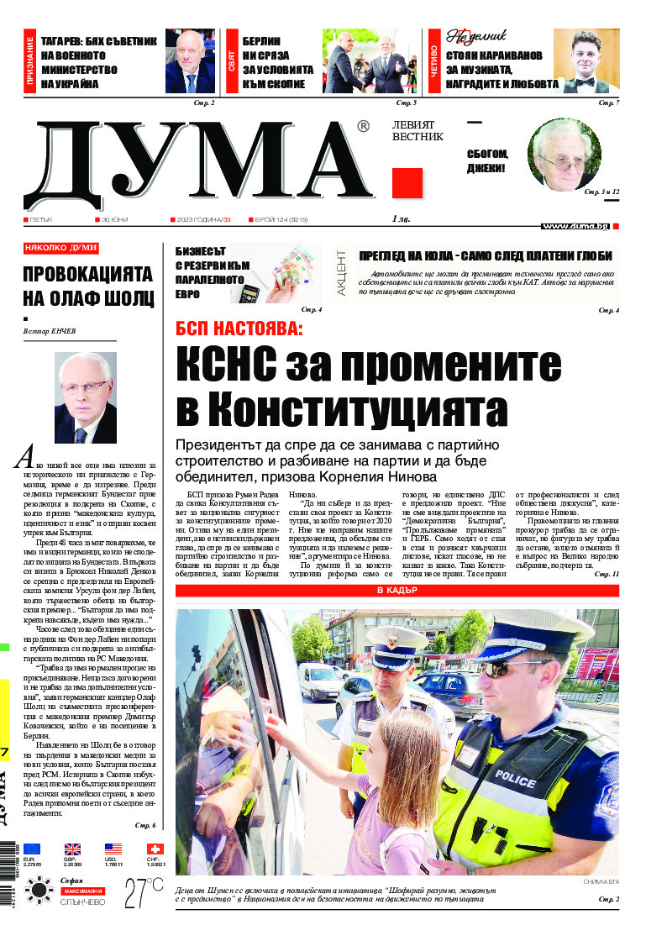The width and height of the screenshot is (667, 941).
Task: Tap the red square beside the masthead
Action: pyautogui.click(x=407, y=183)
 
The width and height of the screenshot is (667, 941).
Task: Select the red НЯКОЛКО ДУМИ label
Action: pyautogui.click(x=61, y=249)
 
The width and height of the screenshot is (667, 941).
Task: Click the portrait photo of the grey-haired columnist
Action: pyautogui.click(x=85, y=397)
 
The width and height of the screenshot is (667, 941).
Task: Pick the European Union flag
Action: pyautogui.click(x=32, y=849)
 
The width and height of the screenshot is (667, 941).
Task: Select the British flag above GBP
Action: pyautogui.click(x=72, y=849)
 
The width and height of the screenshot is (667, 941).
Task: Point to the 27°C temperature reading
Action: pyautogui.click(x=144, y=893)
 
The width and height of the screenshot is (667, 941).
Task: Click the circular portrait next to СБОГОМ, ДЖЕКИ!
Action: pyautogui.click(x=564, y=155)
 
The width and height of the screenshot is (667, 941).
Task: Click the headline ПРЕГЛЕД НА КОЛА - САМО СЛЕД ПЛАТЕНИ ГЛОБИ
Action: pyautogui.click(x=486, y=256)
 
